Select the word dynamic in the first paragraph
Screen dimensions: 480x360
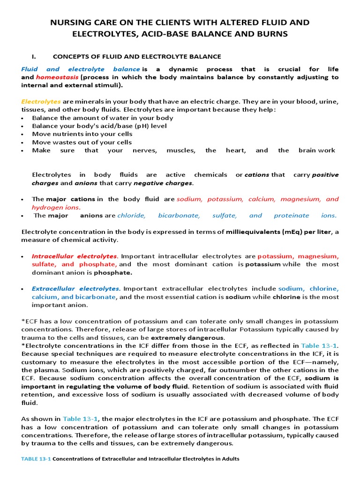tap(179, 69)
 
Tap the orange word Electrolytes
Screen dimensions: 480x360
tap(41, 101)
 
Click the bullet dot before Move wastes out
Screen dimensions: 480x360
tap(23, 142)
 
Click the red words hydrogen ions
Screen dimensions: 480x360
tap(56, 207)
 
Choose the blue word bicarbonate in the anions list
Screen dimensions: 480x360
tap(179, 216)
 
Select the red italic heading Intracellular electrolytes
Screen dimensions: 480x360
tap(74, 256)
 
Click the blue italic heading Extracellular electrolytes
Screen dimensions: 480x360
tap(76, 289)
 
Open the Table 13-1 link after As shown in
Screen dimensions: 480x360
tap(79, 419)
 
